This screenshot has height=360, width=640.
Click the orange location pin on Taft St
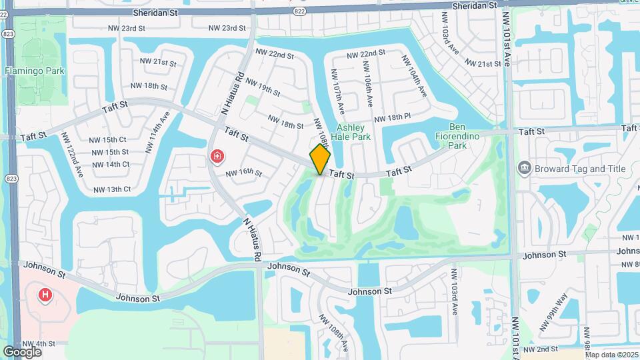click(320, 159)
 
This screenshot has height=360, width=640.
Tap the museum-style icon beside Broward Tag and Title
click(524, 168)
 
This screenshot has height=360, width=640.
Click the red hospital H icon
click(45, 294)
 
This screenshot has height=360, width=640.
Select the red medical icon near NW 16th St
click(217, 157)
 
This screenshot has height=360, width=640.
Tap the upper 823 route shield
click(8, 33)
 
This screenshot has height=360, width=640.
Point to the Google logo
click(22, 351)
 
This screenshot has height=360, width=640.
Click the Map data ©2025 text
click(611, 355)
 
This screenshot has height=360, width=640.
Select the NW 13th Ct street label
click(112, 189)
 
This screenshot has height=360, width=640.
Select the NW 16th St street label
click(243, 173)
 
